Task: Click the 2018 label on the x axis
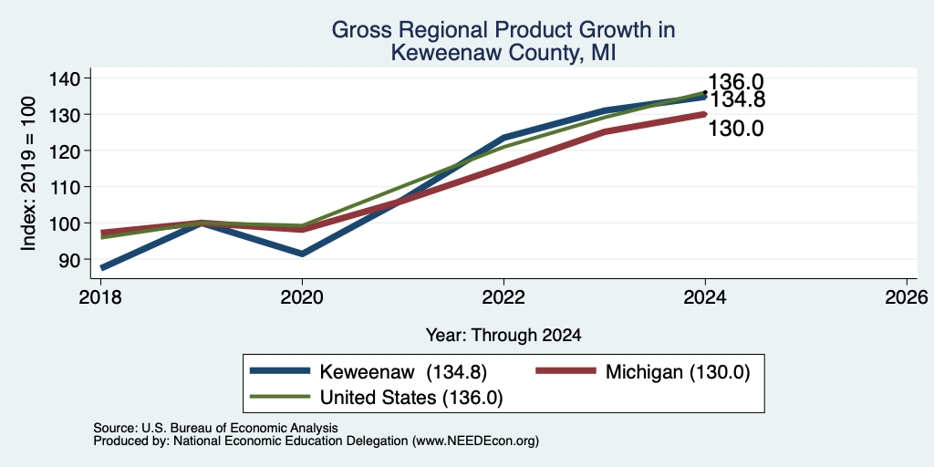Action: pos(100,296)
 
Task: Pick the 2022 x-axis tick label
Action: pos(503,296)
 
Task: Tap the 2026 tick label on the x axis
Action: pos(907,296)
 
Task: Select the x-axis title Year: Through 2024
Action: pos(503,336)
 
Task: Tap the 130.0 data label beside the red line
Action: pos(736,128)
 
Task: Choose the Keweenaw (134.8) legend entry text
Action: pos(404,372)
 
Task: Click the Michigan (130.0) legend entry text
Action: pos(678,372)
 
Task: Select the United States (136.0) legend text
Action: pos(411,398)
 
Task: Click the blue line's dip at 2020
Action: pos(302,254)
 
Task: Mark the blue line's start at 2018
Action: pos(103,268)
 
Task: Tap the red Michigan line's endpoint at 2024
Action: pos(705,114)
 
